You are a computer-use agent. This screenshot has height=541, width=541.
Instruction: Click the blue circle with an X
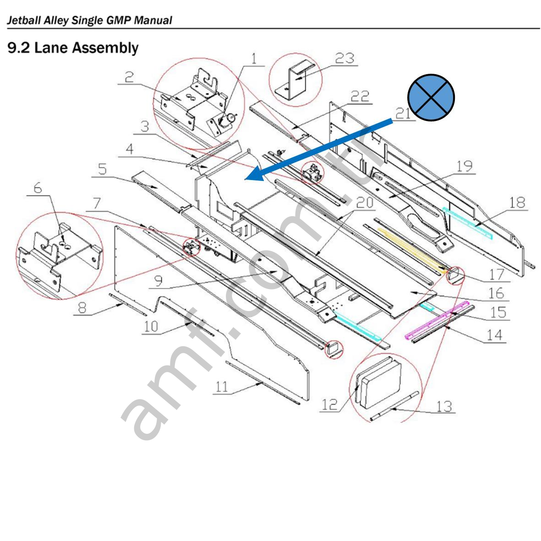(431, 98)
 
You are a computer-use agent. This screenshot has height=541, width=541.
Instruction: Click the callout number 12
(330, 404)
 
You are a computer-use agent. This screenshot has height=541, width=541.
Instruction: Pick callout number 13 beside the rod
(443, 406)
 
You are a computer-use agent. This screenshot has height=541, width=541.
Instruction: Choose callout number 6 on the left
(37, 187)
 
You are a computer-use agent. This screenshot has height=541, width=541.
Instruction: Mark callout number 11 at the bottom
(222, 387)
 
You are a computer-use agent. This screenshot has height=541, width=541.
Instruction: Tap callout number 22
(360, 97)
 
